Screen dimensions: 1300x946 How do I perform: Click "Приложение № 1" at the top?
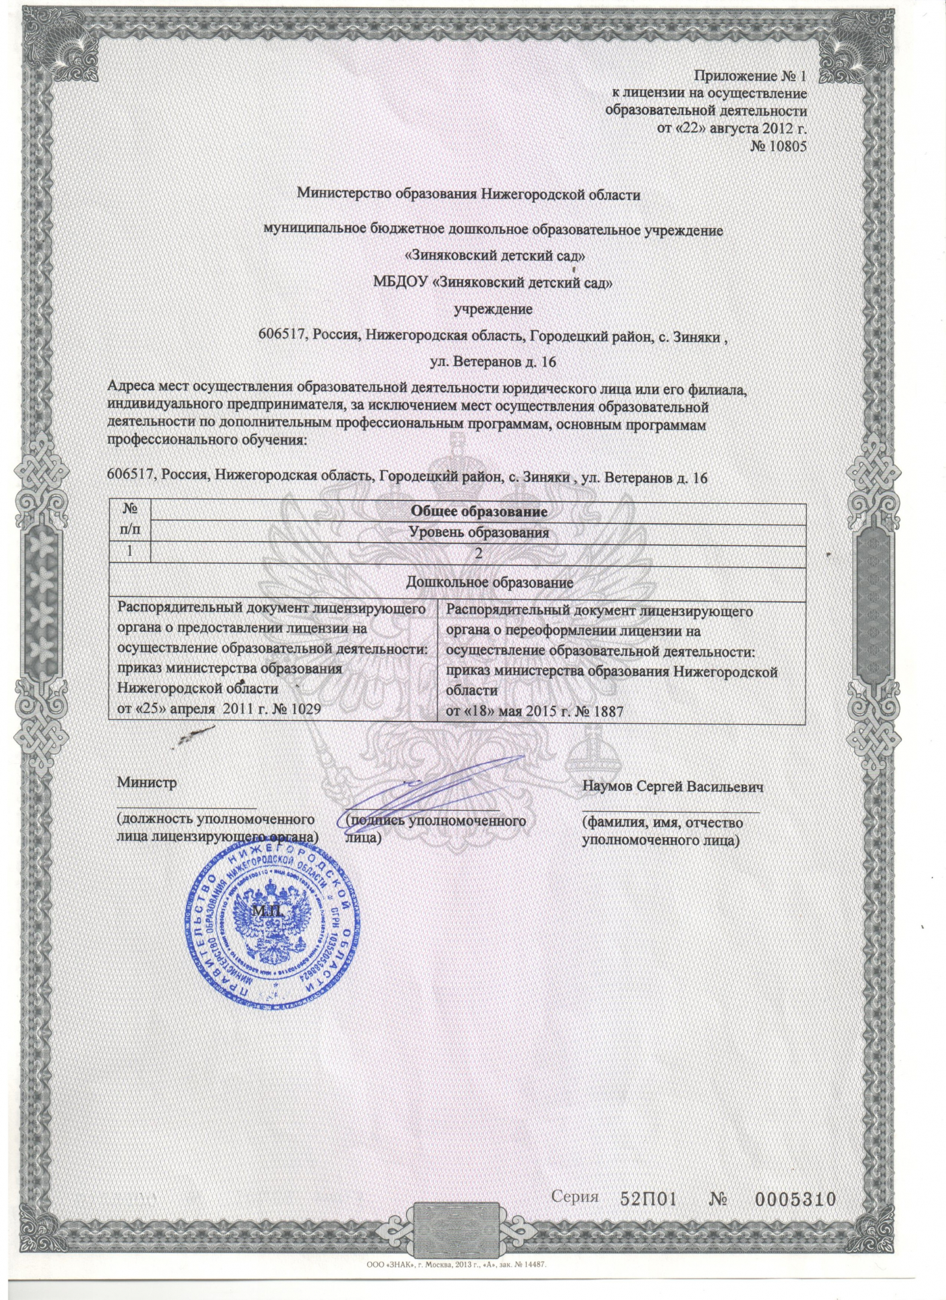(750, 77)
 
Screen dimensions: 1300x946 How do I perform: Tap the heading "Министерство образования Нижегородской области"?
(469, 194)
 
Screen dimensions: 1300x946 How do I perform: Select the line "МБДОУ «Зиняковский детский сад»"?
(493, 283)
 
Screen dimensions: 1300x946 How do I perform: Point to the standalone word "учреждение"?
(493, 309)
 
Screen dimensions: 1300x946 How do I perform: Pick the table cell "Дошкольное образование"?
(489, 582)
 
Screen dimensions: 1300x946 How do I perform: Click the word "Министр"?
(146, 783)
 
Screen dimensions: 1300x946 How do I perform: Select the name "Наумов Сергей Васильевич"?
(672, 786)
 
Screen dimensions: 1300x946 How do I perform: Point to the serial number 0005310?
(794, 1200)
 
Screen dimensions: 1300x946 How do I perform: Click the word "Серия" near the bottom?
(575, 1197)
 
